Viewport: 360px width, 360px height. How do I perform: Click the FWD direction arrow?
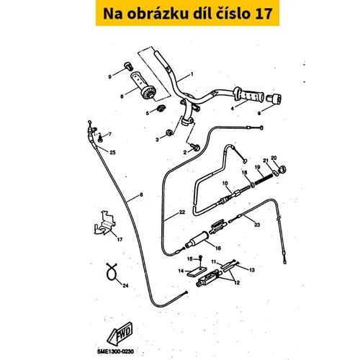click(x=120, y=333)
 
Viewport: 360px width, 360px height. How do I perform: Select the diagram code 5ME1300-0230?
click(x=115, y=351)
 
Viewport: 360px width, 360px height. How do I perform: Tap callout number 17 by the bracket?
click(x=120, y=239)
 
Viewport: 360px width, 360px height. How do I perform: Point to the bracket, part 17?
click(x=104, y=223)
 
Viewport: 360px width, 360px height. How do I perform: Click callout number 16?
click(x=218, y=248)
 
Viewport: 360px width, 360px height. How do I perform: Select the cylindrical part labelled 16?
click(x=198, y=239)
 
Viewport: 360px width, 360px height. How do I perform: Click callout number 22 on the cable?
click(x=182, y=212)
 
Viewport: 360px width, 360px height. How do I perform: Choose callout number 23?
click(x=257, y=225)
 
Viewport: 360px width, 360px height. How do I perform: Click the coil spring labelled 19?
click(x=264, y=179)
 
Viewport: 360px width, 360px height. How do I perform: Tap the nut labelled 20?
click(x=282, y=169)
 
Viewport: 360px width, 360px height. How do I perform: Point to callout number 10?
click(x=225, y=184)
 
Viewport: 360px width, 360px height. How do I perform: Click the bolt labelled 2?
click(x=195, y=147)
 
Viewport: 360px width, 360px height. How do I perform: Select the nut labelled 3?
click(x=169, y=132)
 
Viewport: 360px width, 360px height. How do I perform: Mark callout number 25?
click(x=112, y=153)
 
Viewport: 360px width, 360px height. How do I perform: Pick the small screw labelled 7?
click(x=100, y=138)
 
